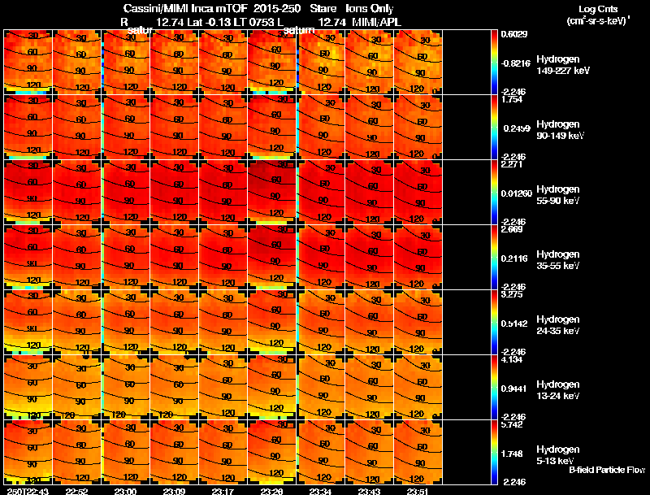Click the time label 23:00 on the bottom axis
(x=125, y=491)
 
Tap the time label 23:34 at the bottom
(x=320, y=491)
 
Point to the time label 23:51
(x=416, y=491)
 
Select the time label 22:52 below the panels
(x=76, y=491)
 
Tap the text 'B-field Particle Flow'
(x=606, y=470)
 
